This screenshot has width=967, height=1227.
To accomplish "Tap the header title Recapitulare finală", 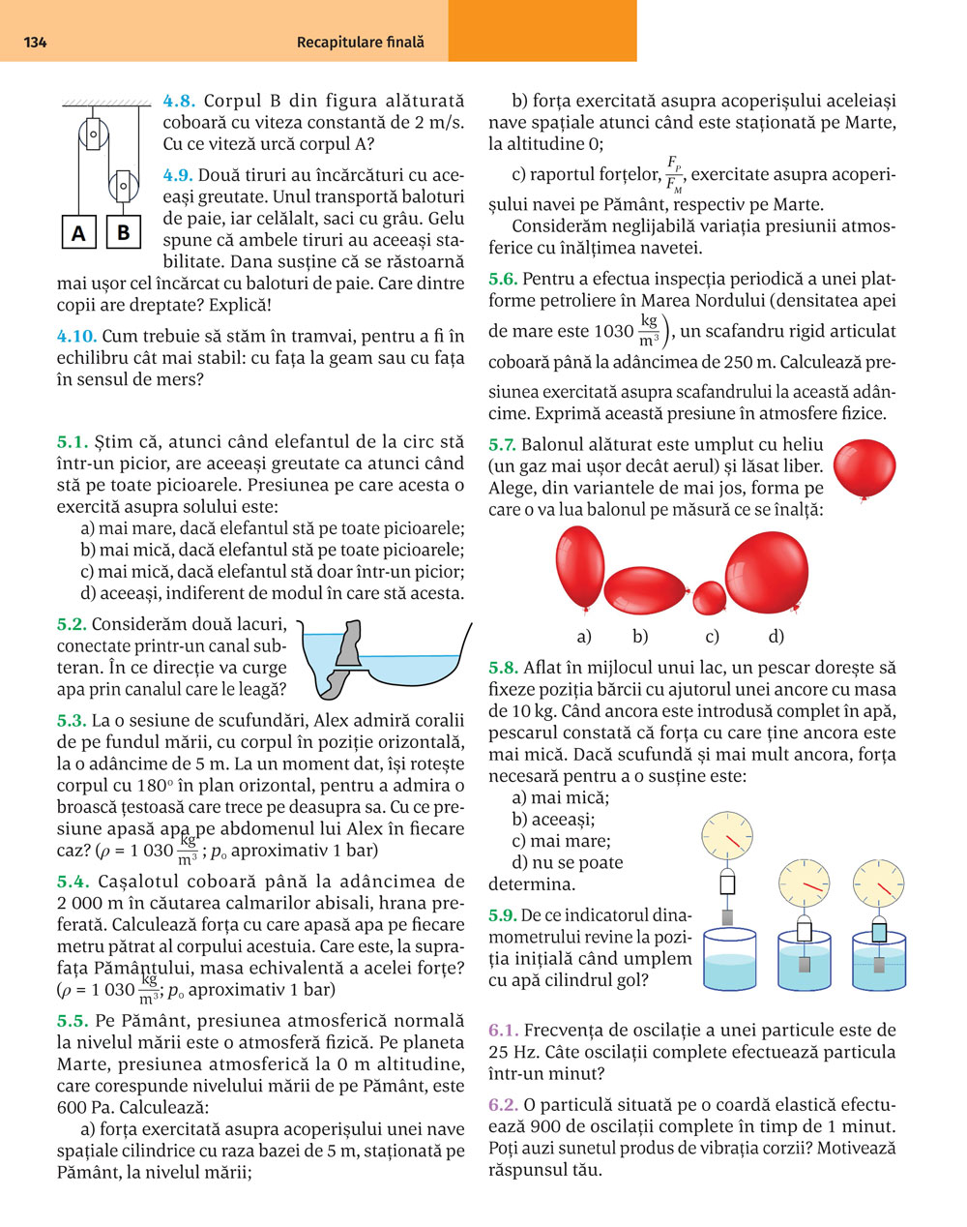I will (360, 43).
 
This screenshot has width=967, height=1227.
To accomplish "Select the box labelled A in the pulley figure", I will (78, 234).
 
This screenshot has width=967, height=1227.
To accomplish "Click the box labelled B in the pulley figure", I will (124, 232).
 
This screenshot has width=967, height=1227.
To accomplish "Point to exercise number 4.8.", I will (179, 101).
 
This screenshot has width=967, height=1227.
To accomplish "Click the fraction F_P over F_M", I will (674, 174).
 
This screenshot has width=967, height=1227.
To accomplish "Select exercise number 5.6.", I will (503, 280).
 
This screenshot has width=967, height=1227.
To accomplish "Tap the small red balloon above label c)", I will (710, 597).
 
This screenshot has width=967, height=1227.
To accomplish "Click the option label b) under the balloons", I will (640, 637).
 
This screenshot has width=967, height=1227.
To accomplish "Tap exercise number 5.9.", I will (503, 914).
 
